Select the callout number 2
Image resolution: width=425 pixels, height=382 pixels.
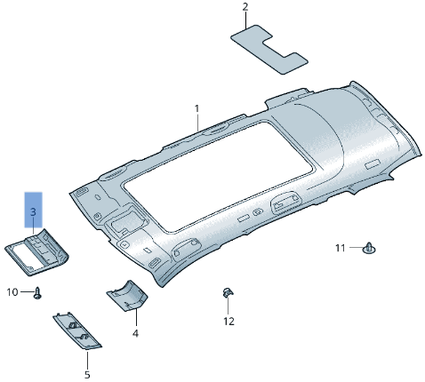245,8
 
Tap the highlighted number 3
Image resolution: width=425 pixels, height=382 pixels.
33,213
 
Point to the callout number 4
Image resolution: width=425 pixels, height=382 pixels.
135,333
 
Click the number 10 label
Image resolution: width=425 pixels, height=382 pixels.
12,291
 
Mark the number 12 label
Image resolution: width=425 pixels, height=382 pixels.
229,321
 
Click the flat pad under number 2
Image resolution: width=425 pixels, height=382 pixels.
269,48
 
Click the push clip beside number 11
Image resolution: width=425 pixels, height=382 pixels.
368,247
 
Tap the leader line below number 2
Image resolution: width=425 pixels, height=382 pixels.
245,22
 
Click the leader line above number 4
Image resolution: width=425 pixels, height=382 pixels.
135,317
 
